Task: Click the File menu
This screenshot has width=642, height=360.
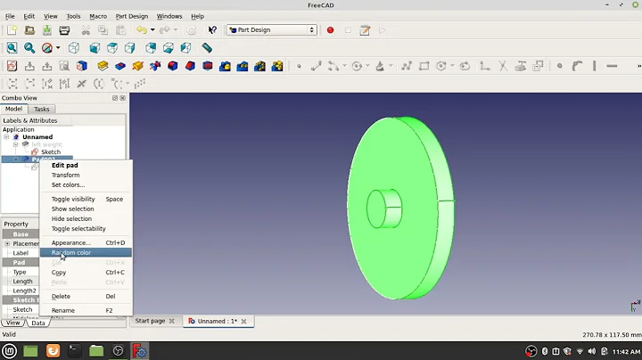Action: click(x=10, y=16)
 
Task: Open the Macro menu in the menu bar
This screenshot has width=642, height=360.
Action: click(x=98, y=16)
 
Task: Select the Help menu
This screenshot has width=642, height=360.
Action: click(x=197, y=16)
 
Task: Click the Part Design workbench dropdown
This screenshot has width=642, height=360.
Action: click(x=272, y=29)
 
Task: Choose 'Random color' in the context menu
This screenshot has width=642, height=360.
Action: click(x=71, y=252)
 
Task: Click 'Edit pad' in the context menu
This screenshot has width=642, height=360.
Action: click(x=64, y=165)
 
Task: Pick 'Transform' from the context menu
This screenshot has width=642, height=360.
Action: click(x=65, y=175)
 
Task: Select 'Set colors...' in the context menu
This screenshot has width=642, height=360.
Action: click(x=68, y=184)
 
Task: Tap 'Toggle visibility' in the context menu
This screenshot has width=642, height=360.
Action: click(x=73, y=199)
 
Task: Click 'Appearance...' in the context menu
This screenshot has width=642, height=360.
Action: click(x=70, y=242)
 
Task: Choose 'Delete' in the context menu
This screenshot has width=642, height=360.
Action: click(x=61, y=296)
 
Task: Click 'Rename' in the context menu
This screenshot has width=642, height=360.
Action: click(x=63, y=310)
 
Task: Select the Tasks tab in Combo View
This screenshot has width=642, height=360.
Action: click(x=42, y=109)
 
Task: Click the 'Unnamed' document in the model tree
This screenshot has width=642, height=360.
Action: click(x=37, y=136)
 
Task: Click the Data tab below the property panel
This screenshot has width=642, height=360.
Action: click(x=38, y=323)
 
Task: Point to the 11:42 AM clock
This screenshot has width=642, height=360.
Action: click(x=621, y=351)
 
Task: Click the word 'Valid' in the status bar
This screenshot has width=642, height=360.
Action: click(x=9, y=334)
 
